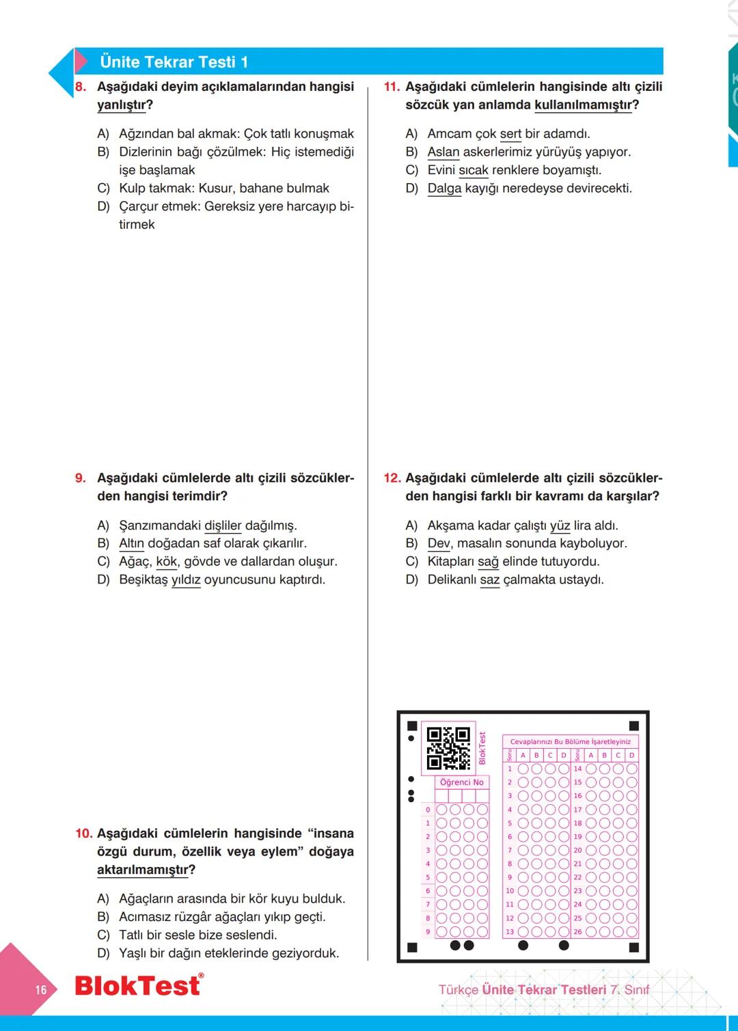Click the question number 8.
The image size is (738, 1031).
(81, 87)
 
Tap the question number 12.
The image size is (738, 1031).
(392, 478)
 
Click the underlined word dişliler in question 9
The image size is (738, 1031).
(223, 525)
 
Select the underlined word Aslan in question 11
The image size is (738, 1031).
(443, 152)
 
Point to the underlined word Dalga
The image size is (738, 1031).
(444, 188)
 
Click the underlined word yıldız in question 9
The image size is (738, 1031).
(186, 579)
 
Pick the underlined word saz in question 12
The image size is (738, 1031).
(490, 579)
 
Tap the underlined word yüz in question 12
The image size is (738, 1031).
(560, 525)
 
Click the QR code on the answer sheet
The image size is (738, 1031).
(448, 748)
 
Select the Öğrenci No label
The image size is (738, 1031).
(461, 782)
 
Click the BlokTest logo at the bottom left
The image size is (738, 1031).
(137, 985)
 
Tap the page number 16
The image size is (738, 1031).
(41, 989)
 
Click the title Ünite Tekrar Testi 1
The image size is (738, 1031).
(174, 62)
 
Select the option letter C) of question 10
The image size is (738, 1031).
(103, 935)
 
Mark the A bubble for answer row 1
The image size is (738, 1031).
(523, 769)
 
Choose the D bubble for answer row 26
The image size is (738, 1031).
(631, 931)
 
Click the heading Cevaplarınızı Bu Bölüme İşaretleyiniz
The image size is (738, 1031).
(570, 741)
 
